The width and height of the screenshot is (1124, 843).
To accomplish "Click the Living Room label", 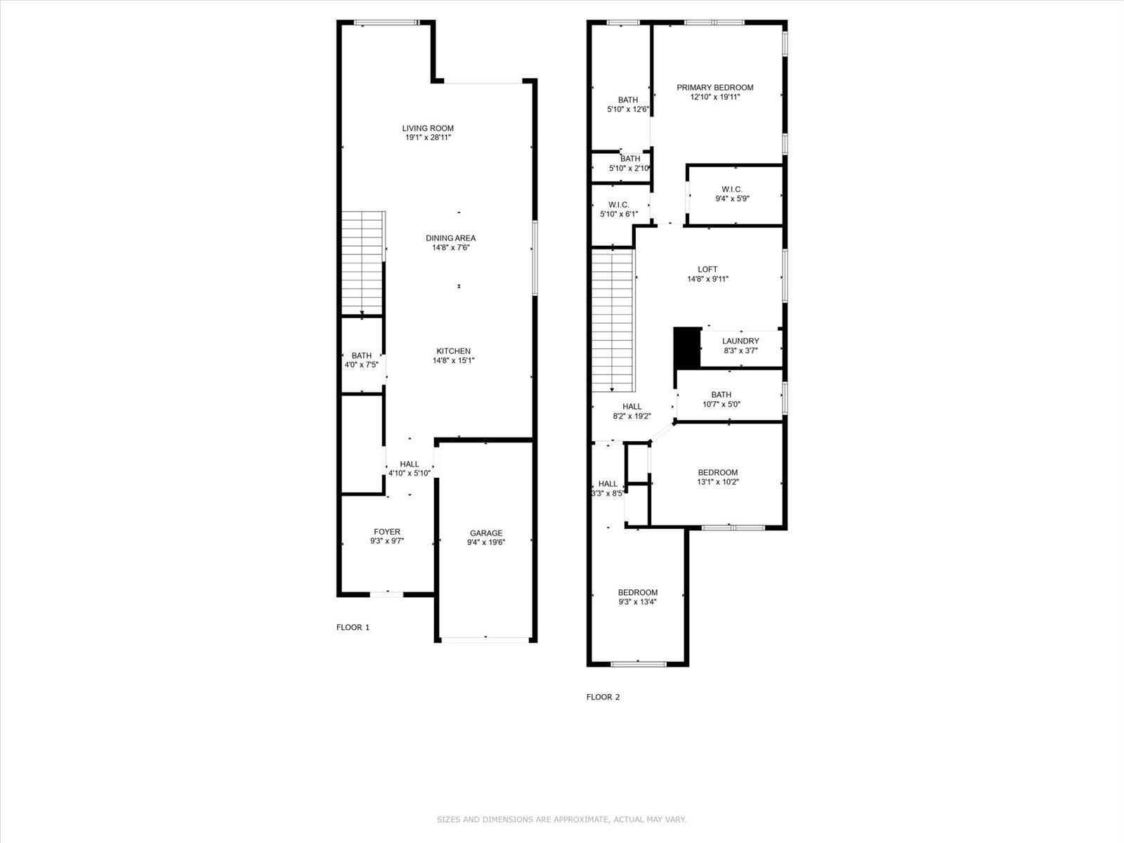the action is (428, 129).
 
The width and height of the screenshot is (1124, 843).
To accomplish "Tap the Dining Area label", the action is (450, 238).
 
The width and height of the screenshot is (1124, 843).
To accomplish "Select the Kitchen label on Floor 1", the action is (453, 351).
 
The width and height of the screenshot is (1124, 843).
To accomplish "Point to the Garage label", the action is (486, 532).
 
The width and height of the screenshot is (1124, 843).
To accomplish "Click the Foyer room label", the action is (387, 532).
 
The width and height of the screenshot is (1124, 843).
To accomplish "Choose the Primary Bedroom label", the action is (715, 88).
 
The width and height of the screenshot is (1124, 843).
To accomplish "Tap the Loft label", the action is (707, 269).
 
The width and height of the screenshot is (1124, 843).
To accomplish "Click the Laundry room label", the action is (740, 341).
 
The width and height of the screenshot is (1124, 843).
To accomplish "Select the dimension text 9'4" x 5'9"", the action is (732, 199).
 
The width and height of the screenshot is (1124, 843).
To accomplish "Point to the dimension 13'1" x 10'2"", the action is (718, 482).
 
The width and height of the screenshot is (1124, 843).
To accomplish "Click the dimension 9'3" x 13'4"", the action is (638, 602).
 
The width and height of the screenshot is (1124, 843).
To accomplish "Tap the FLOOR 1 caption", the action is (353, 627).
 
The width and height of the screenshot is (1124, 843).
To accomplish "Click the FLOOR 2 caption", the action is (603, 697).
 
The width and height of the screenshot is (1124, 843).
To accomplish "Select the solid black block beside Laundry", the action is (686, 347).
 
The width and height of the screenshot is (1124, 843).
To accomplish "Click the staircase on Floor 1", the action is (362, 263).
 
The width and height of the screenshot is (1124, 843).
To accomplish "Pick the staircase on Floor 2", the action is (613, 320).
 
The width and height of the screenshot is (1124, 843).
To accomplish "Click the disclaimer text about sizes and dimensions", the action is (561, 819).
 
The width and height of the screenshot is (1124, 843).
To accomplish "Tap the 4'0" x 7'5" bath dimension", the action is (362, 365).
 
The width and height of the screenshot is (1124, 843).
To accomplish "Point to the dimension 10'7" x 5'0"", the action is (721, 405).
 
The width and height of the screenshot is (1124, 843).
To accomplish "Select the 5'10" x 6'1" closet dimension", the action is (619, 214).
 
